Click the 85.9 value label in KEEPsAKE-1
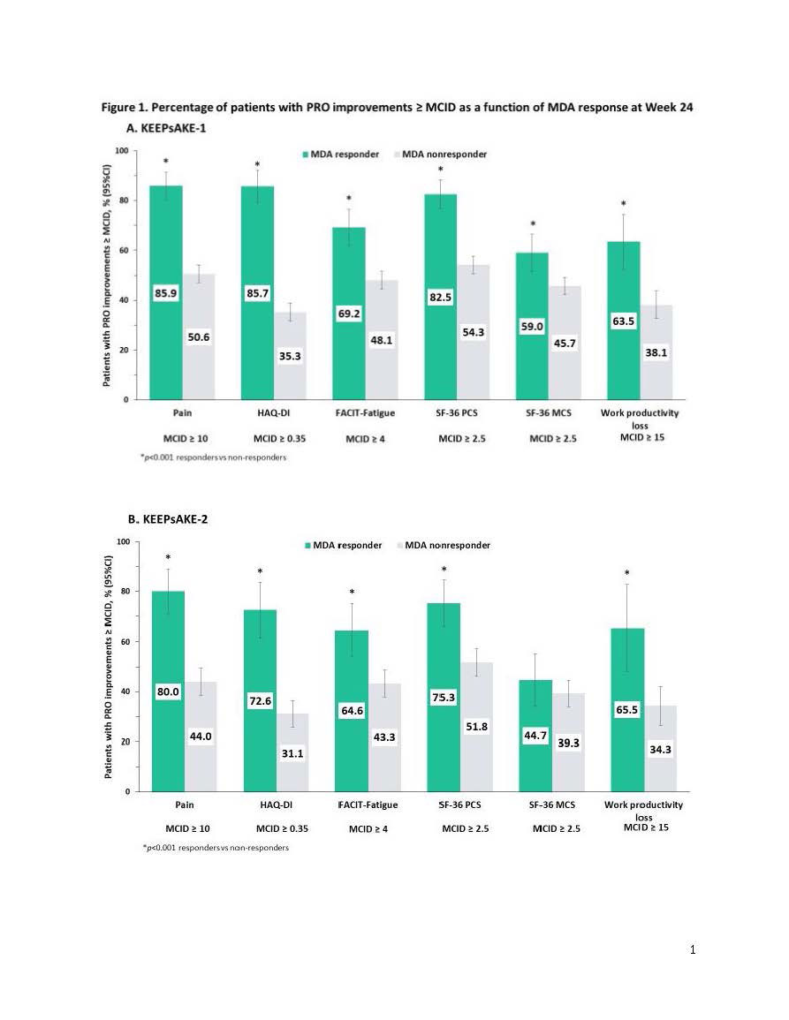[167, 293]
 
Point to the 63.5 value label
[626, 321]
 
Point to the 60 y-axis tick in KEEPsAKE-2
[125, 641]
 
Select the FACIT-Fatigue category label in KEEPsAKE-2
[368, 805]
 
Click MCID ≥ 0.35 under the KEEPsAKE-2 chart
[281, 829]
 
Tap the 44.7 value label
[535, 736]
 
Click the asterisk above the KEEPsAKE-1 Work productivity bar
[624, 204]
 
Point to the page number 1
[693, 950]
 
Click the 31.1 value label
[293, 753]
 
